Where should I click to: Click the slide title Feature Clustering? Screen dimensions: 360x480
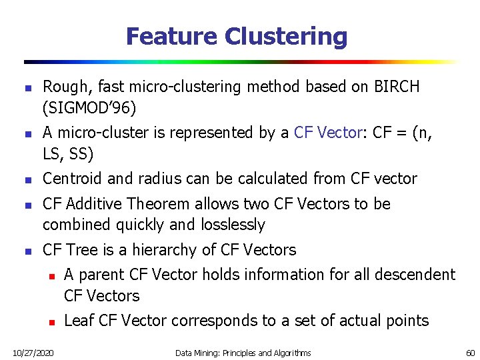[x=237, y=36]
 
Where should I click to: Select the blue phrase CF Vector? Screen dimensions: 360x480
[x=326, y=133]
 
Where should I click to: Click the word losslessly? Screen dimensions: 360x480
[x=233, y=225]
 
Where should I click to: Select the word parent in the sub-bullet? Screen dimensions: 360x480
[x=100, y=275]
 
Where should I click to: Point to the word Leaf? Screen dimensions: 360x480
[x=79, y=321]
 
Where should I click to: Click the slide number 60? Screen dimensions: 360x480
[x=470, y=352]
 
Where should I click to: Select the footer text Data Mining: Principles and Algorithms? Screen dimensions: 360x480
[x=243, y=352]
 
